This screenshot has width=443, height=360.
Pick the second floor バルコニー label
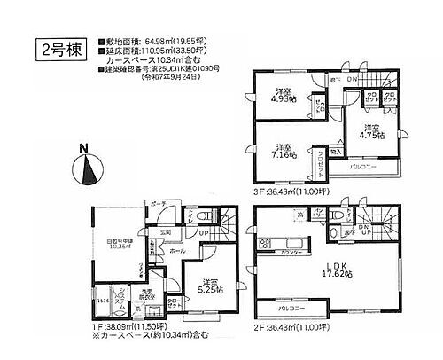pos(291,308)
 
